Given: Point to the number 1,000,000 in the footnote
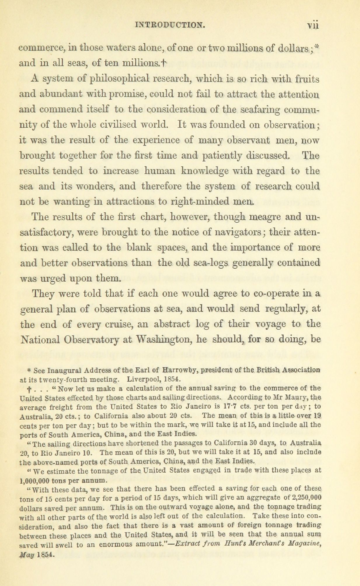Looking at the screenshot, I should pyautogui.click(x=37, y=480).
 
